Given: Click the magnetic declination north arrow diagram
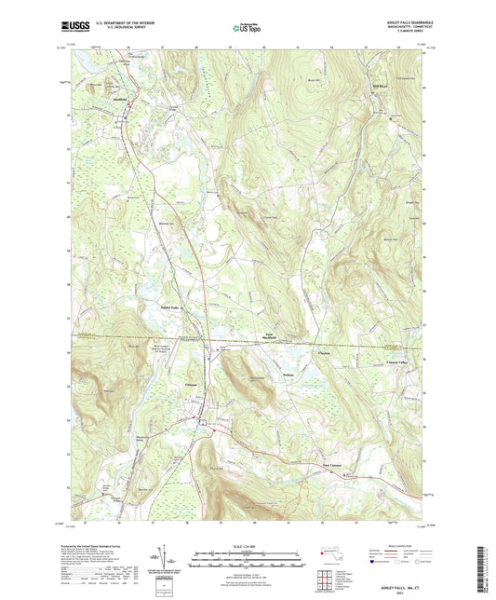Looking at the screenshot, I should (168, 555).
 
